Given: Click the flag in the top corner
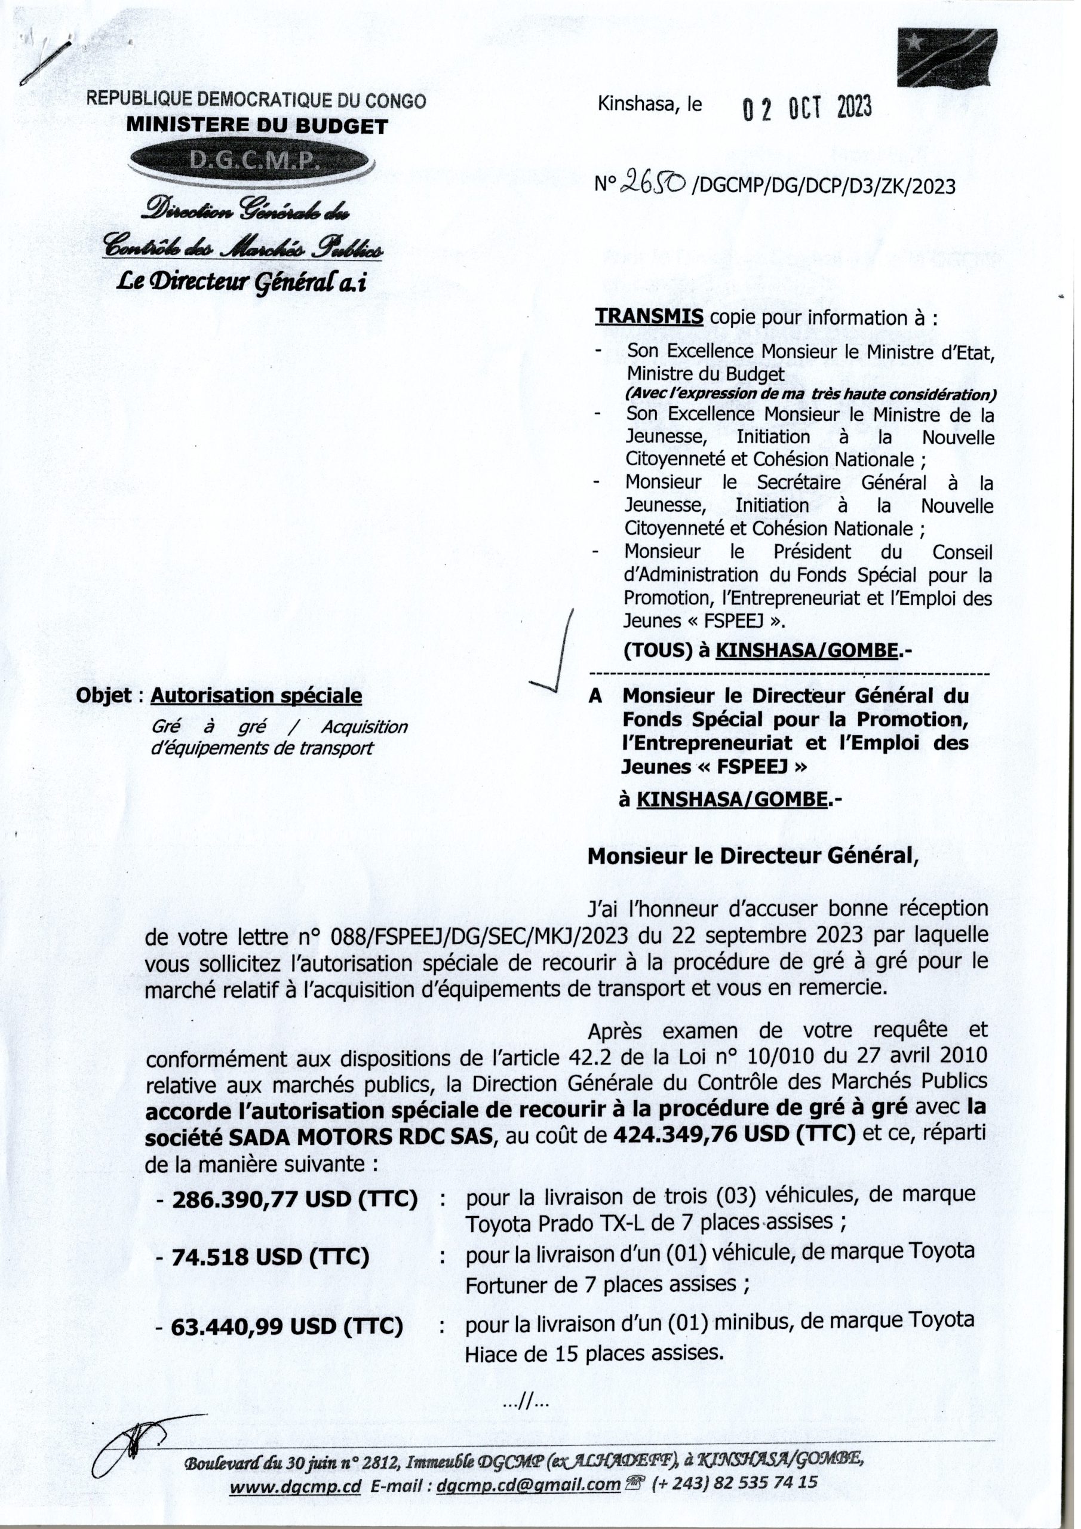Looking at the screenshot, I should [947, 59].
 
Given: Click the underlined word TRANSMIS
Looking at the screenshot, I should [649, 317].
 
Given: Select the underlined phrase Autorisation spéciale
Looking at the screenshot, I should [256, 696].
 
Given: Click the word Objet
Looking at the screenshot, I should [105, 696].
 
